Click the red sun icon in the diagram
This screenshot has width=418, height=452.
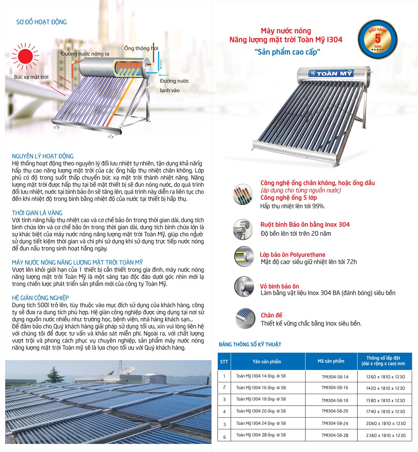click(25, 56)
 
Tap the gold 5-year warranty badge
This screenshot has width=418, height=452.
click(378, 39)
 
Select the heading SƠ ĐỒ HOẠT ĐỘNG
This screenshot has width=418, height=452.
click(41, 22)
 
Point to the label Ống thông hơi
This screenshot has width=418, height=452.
click(141, 48)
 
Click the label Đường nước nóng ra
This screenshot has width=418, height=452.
click(85, 54)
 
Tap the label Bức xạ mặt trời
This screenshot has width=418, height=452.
click(31, 77)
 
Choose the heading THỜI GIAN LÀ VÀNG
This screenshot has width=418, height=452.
click(37, 213)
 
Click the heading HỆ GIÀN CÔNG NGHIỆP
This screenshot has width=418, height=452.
click(40, 298)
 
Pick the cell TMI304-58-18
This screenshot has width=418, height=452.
click(335, 400)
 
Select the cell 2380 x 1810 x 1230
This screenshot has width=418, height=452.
click(386, 435)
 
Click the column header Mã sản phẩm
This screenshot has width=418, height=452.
click(331, 361)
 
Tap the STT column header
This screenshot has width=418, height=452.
click(224, 361)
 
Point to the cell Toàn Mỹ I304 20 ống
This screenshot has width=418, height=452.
click(261, 411)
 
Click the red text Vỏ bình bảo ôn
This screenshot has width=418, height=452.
click(279, 286)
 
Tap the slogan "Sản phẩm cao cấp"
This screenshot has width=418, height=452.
click(287, 52)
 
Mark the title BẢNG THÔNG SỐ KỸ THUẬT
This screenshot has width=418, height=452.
click(250, 344)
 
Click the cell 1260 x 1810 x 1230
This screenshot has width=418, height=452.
click(386, 376)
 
